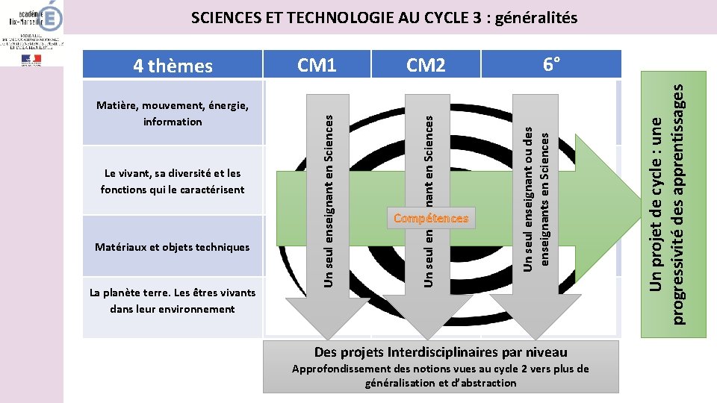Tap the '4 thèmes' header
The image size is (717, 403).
click(173, 66)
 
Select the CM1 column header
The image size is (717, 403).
click(317, 65)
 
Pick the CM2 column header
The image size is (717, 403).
click(425, 66)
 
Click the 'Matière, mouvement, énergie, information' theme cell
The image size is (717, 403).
click(173, 113)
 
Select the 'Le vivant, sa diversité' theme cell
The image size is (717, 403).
click(173, 181)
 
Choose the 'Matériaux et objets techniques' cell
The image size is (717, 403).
click(173, 247)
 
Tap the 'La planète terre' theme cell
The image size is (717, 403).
click(173, 301)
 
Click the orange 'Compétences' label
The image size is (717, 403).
click(431, 219)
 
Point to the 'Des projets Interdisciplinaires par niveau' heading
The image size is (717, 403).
click(441, 352)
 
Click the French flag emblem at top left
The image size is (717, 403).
click(32, 59)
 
